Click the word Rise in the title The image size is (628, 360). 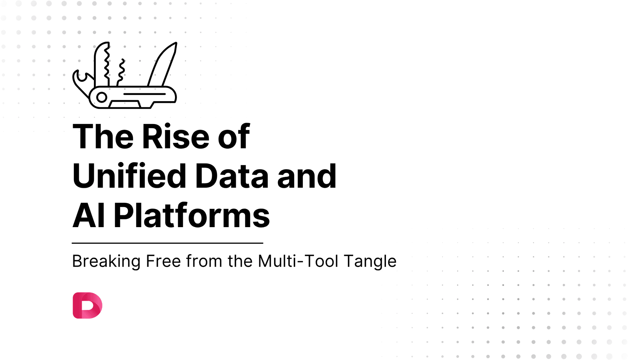click(175, 137)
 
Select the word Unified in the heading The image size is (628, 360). click(129, 176)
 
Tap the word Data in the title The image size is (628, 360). click(232, 176)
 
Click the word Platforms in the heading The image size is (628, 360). click(191, 216)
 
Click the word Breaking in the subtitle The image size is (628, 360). click(106, 261)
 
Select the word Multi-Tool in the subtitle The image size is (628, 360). click(298, 261)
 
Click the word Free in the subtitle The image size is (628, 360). click(163, 261)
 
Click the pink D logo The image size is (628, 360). click(87, 305)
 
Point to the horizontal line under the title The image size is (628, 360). click(167, 243)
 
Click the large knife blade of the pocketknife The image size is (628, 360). click(163, 65)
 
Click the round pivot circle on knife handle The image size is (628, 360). click(102, 97)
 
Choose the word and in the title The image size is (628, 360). click(306, 176)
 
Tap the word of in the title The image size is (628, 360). click(234, 137)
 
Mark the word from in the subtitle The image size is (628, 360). click(204, 261)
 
